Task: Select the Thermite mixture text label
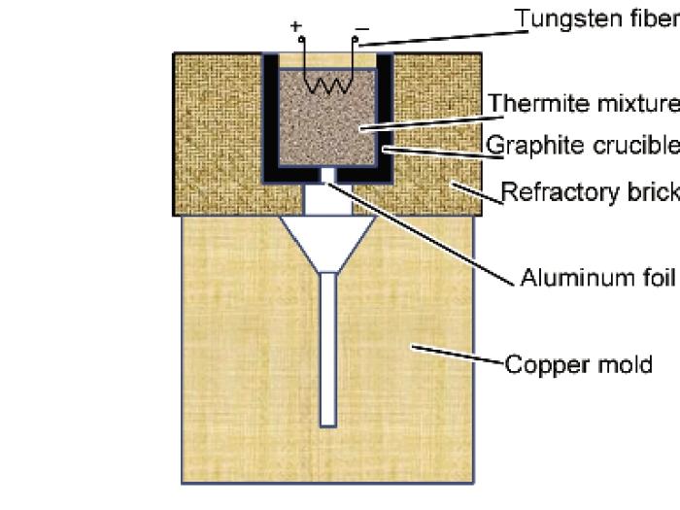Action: [x=582, y=103]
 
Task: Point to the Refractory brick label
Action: [x=589, y=191]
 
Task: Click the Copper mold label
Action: [x=578, y=366]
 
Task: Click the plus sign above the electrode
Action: [x=296, y=24]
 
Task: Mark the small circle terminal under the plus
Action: [x=301, y=40]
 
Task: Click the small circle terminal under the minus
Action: [x=356, y=41]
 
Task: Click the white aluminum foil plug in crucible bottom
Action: [x=328, y=175]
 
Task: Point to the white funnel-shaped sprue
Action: [x=328, y=238]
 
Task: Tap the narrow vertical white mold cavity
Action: [x=328, y=350]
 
